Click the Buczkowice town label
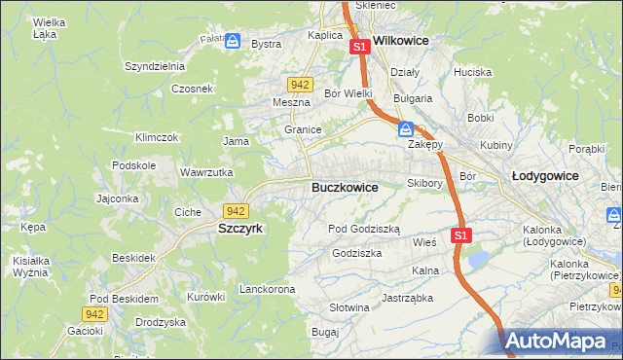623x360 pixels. pyautogui.click(x=345, y=186)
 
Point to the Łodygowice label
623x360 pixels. pyautogui.click(x=544, y=176)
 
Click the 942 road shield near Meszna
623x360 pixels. pyautogui.click(x=300, y=85)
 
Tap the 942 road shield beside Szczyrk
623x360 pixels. pyautogui.click(x=235, y=210)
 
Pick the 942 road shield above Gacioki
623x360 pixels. pyautogui.click(x=94, y=313)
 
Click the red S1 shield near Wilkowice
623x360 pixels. pyautogui.click(x=358, y=46)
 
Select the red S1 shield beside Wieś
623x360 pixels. pyautogui.click(x=461, y=235)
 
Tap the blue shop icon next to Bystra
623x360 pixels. pyautogui.click(x=233, y=42)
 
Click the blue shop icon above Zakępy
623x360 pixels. pyautogui.click(x=406, y=128)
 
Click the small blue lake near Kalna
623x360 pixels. pyautogui.click(x=478, y=259)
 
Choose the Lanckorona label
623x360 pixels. pyautogui.click(x=267, y=290)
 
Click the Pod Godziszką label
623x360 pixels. pyautogui.click(x=363, y=228)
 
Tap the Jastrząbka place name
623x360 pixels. pyautogui.click(x=407, y=298)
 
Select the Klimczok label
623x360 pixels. pyautogui.click(x=157, y=137)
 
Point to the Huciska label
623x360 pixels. pyautogui.click(x=472, y=72)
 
